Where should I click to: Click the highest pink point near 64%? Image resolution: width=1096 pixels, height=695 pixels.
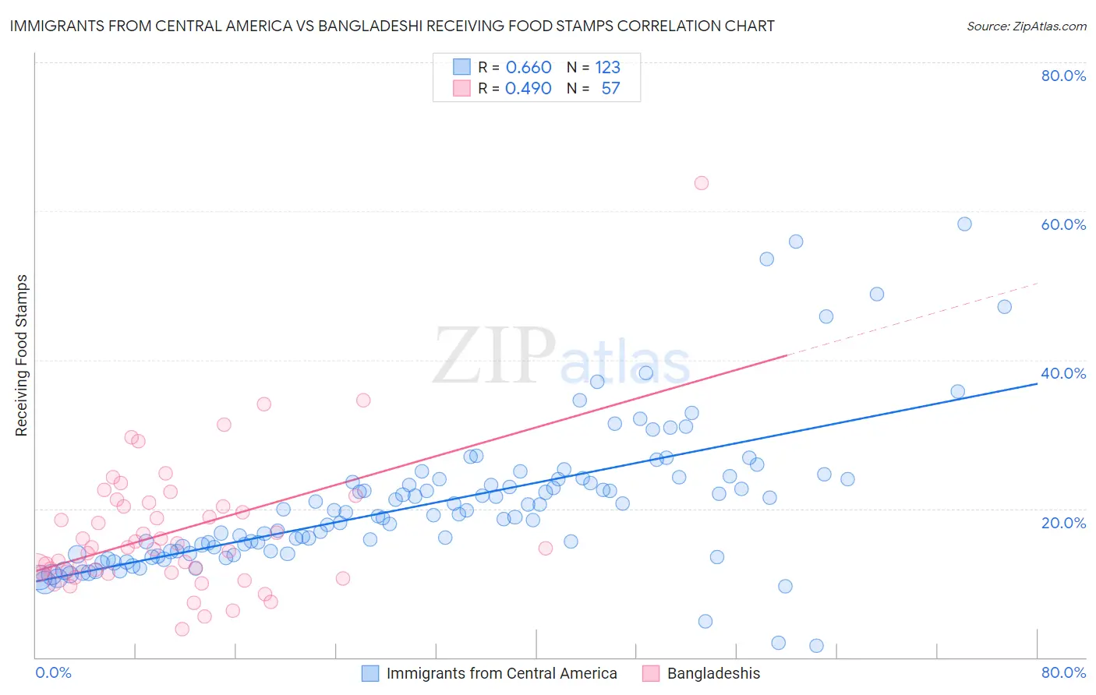(x=701, y=183)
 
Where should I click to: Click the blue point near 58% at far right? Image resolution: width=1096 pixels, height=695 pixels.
(x=964, y=224)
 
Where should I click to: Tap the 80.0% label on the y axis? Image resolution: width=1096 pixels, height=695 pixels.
(x=1063, y=76)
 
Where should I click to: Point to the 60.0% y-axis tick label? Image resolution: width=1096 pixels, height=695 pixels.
(x=1063, y=224)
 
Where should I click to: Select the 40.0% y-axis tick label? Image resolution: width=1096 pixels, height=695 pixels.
(x=1063, y=373)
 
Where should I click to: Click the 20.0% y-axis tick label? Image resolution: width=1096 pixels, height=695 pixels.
(x=1063, y=523)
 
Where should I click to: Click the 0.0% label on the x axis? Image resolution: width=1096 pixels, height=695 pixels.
(x=53, y=672)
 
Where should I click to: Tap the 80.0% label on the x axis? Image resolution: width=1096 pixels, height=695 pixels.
(x=1063, y=672)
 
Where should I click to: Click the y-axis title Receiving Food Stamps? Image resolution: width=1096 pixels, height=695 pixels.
(x=22, y=355)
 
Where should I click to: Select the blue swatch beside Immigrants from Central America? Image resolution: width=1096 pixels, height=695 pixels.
(x=370, y=673)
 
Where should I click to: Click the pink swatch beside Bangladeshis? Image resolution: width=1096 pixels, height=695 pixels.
(x=651, y=673)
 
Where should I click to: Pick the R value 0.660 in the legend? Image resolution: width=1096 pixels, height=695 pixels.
(x=529, y=68)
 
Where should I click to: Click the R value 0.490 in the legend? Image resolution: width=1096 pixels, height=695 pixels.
(x=529, y=89)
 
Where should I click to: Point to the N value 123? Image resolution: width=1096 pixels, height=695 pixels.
(x=607, y=68)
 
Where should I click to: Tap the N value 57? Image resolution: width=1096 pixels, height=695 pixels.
(x=610, y=89)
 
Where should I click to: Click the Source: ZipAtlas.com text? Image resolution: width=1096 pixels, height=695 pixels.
(x=1026, y=26)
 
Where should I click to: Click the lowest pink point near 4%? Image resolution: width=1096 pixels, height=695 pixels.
(x=182, y=629)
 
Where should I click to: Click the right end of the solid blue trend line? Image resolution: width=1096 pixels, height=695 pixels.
(x=1037, y=383)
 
